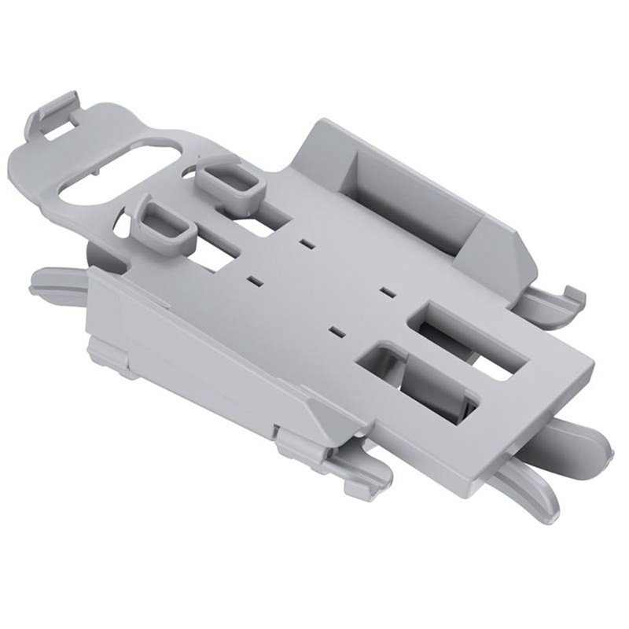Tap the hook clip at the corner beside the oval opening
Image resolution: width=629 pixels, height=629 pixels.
[55, 114]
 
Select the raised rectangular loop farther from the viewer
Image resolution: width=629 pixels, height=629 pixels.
[227, 181]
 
